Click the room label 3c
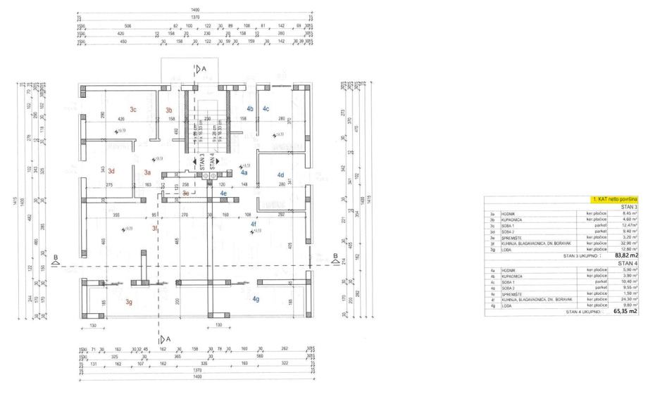point(132,109)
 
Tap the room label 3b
point(169,110)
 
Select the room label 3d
point(111,172)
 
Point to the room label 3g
point(129,302)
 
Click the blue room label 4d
point(280,174)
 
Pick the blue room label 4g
point(256,299)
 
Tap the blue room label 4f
point(254,224)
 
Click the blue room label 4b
point(250,108)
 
